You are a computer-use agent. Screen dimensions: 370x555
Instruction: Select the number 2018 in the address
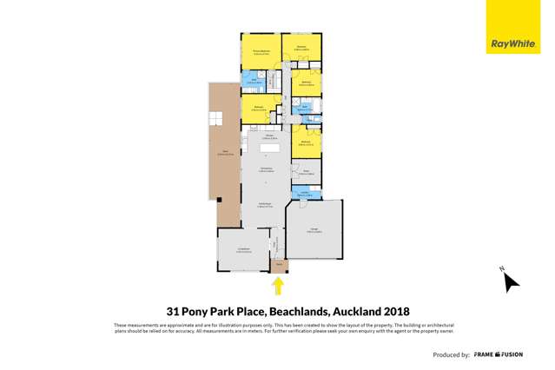point(391,311)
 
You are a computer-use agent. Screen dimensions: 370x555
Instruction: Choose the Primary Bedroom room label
point(259,53)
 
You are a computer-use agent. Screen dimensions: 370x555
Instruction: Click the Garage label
point(314,230)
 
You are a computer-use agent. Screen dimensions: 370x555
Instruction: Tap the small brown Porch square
point(279,264)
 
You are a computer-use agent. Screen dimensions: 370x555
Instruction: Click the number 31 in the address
point(174,311)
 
